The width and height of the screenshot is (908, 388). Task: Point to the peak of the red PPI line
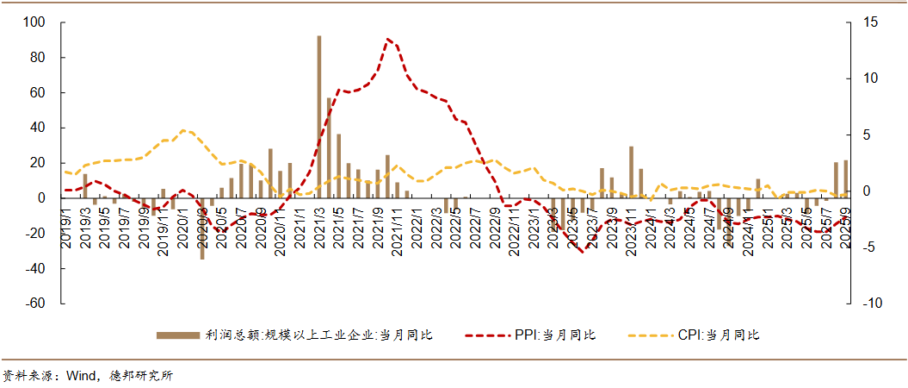point(388,39)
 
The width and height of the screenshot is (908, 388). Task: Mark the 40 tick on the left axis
point(37,128)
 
